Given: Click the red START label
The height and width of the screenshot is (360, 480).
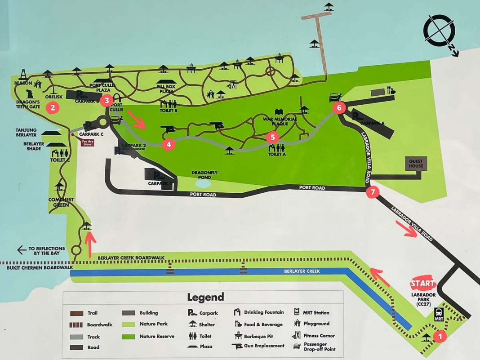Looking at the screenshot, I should (423, 284).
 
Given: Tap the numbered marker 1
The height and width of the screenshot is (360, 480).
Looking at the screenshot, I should (440, 336).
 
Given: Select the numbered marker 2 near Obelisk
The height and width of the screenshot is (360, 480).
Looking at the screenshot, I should (53, 107).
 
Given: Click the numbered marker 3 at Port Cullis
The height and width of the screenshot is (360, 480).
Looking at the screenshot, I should (107, 100).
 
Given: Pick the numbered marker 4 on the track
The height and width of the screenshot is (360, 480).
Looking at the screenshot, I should (169, 144).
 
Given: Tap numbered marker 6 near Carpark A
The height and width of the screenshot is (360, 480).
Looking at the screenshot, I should (339, 107).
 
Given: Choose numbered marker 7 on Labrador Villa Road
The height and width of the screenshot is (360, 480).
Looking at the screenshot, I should (372, 192).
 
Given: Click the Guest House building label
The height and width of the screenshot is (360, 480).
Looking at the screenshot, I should (416, 163).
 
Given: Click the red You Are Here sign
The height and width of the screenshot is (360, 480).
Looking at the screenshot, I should (87, 142).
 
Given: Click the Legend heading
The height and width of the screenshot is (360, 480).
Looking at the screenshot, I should (205, 297).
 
